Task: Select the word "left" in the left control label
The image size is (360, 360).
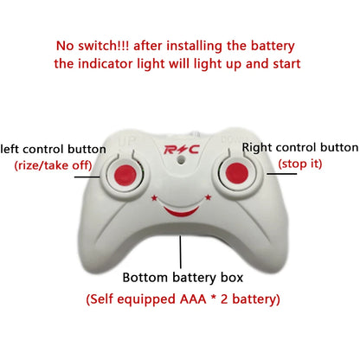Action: tap(11, 149)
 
